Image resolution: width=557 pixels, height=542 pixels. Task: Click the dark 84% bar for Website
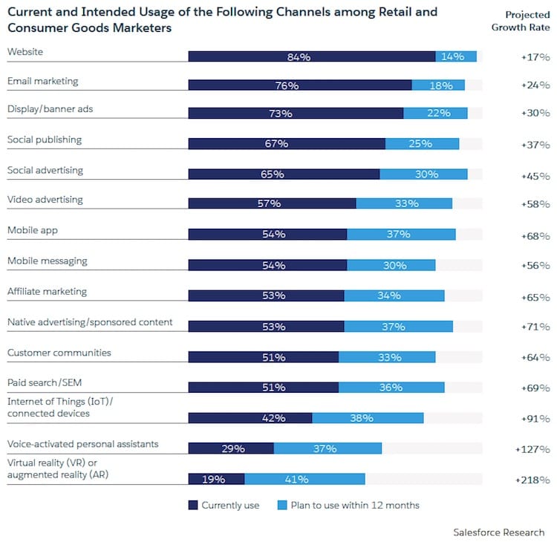[x=312, y=56]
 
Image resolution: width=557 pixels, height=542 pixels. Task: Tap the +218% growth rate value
[x=532, y=480]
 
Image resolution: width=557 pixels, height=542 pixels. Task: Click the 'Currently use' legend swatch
[x=195, y=505]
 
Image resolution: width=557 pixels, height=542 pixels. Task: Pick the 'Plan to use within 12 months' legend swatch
[x=281, y=505]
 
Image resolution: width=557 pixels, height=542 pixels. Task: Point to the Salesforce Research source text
[x=498, y=532]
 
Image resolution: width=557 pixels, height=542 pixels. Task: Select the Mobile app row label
[x=32, y=230]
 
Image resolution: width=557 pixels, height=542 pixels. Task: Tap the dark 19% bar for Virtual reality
[x=216, y=479]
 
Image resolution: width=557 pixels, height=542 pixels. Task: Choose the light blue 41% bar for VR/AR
[x=304, y=479]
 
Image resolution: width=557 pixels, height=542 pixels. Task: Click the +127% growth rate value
[x=532, y=449]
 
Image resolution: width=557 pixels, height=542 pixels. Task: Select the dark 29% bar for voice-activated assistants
[x=231, y=448]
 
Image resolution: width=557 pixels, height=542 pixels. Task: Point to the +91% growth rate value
[x=535, y=418]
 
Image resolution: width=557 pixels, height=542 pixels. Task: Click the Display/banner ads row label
[x=50, y=108]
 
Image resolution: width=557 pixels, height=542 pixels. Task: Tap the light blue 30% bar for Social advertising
[x=423, y=174]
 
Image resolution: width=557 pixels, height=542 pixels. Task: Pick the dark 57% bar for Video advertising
[x=272, y=203]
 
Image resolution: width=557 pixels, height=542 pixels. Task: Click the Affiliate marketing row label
[x=47, y=291]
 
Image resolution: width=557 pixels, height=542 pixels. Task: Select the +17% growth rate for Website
[x=535, y=56]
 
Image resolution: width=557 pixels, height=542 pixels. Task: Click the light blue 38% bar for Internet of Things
[x=368, y=418]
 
